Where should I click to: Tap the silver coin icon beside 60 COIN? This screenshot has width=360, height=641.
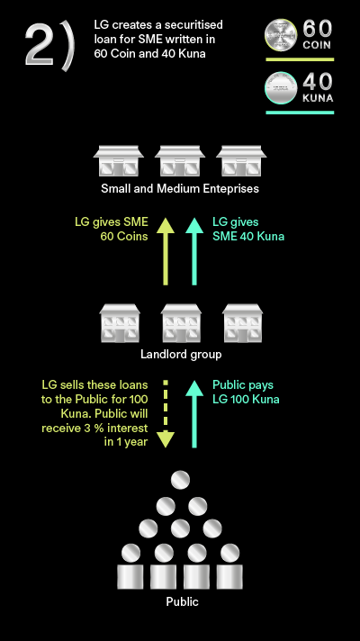tap(281, 35)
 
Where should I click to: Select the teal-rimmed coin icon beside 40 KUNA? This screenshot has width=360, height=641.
tap(281, 87)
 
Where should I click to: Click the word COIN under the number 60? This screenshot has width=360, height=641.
tap(317, 44)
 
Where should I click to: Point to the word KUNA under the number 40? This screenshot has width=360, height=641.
tap(318, 98)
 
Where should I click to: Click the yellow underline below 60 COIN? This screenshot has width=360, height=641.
tap(300, 59)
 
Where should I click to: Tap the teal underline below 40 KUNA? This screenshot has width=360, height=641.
tap(300, 113)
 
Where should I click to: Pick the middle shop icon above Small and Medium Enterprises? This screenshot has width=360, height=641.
tap(180, 160)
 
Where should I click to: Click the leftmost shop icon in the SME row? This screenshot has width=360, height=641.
tap(119, 160)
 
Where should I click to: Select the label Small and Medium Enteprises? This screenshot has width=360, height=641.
tap(180, 188)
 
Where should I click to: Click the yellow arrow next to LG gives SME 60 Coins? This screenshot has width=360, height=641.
tap(166, 251)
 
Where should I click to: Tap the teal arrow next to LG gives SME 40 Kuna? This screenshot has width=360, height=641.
tap(194, 251)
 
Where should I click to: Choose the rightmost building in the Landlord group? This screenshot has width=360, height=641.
tap(242, 323)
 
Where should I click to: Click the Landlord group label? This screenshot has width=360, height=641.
tap(181, 354)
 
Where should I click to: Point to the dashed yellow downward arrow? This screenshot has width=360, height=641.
tap(166, 414)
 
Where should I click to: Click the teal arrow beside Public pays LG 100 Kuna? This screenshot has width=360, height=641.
tap(194, 414)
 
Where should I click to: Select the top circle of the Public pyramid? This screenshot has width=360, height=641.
tap(180, 480)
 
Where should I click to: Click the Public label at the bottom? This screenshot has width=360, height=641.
tap(182, 601)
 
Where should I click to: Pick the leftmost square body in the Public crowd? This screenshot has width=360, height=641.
tap(130, 577)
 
